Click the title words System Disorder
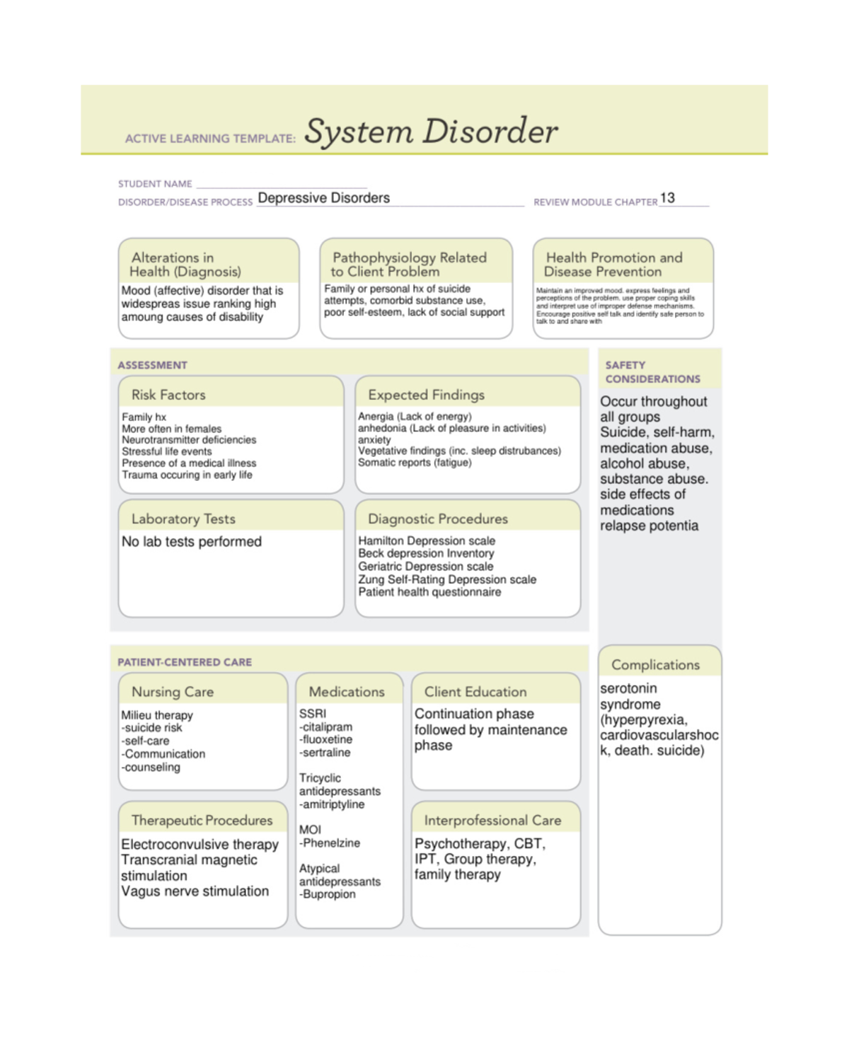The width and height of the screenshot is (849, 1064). click(x=430, y=132)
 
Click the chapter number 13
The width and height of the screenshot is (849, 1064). click(x=667, y=198)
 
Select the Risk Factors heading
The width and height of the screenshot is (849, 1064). click(x=168, y=395)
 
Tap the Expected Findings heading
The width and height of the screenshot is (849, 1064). click(x=426, y=395)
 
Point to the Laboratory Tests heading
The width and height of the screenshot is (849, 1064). click(x=183, y=519)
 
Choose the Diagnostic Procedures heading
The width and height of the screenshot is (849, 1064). click(x=437, y=519)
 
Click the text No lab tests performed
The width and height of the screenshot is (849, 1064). click(x=192, y=541)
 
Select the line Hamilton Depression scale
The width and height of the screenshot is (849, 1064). click(x=427, y=540)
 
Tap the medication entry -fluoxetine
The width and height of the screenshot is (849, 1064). click(x=325, y=739)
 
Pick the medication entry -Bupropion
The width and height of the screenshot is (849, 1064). click(x=327, y=894)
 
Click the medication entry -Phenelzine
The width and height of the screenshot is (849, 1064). click(x=329, y=843)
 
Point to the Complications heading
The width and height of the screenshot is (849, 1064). click(x=655, y=665)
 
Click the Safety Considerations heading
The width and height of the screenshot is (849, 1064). click(x=652, y=372)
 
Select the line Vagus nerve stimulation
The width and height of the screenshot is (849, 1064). click(x=195, y=891)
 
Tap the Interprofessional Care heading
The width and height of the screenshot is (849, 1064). click(x=492, y=820)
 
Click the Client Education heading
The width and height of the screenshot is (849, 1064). click(x=475, y=692)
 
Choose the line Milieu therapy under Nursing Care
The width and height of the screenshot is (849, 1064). click(x=157, y=715)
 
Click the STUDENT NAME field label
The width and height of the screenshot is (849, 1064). click(x=155, y=184)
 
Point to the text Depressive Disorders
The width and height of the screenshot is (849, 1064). click(x=323, y=198)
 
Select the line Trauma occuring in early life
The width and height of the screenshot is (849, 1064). click(x=187, y=475)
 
